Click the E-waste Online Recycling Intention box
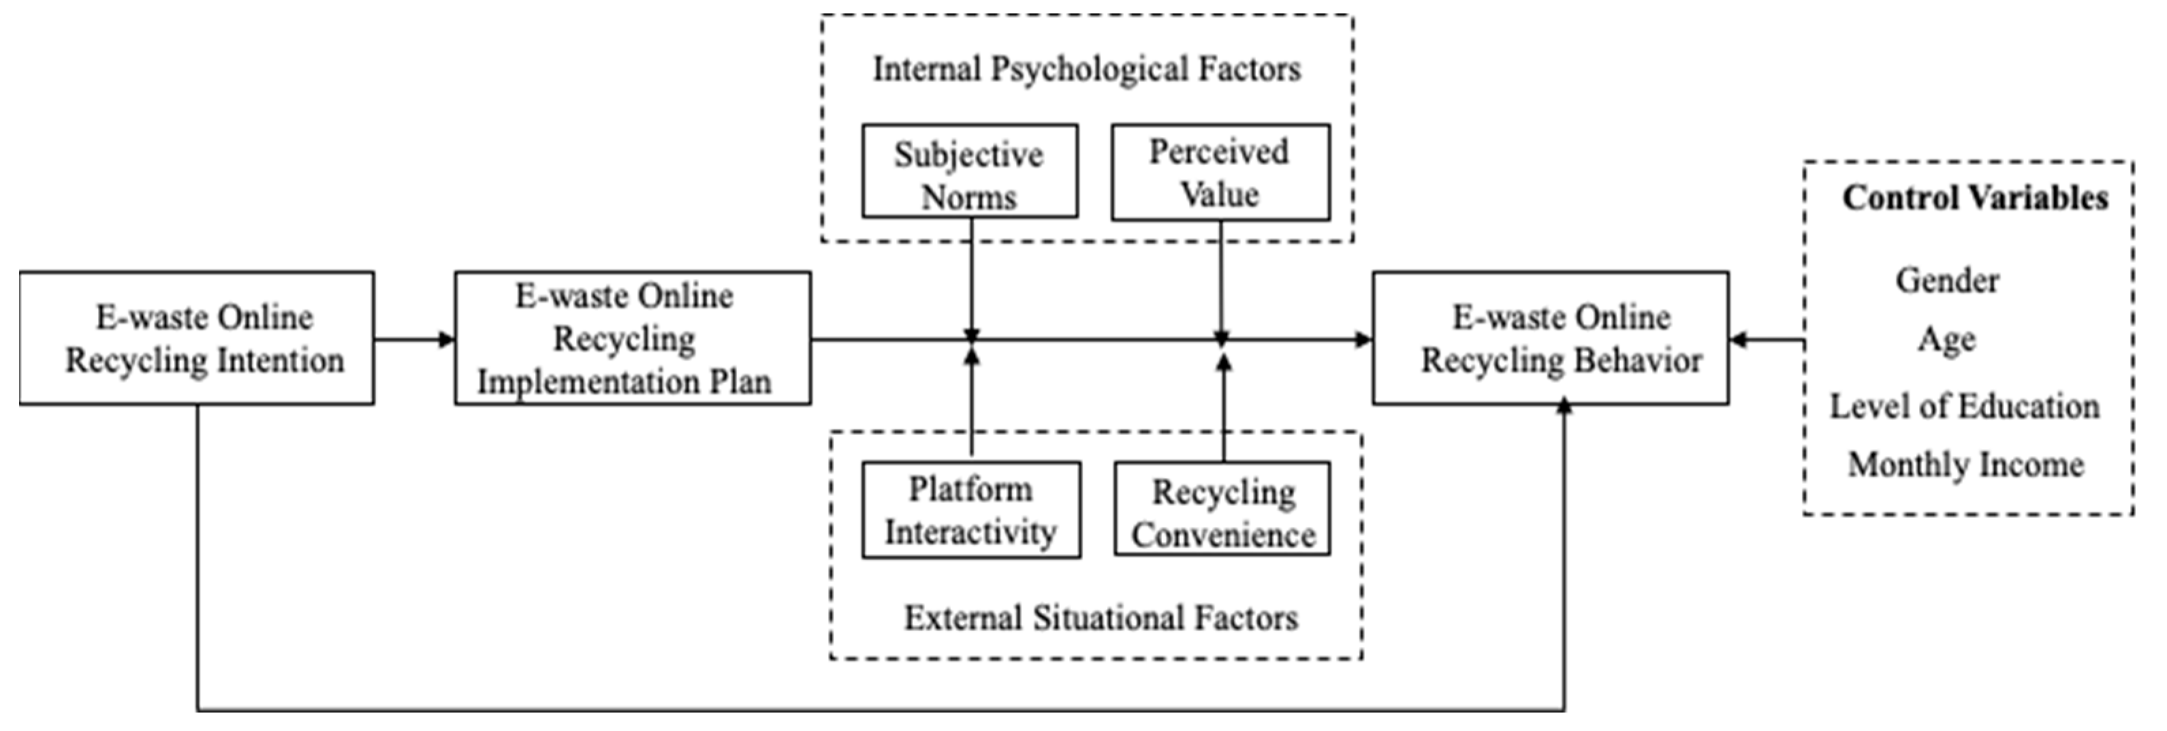(197, 338)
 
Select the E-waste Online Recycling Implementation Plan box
(633, 338)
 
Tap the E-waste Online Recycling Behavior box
(1551, 338)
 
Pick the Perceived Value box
(1220, 173)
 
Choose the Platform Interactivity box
(970, 510)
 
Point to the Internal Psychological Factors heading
(1086, 69)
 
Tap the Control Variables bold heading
(1975, 198)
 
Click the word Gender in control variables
(1946, 281)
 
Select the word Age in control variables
(1946, 340)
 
